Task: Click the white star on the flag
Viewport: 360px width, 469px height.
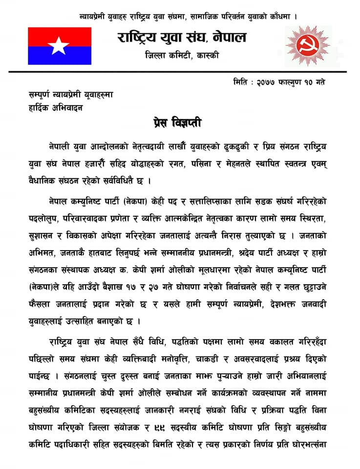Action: point(59,45)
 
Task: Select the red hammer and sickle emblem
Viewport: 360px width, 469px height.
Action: point(307,46)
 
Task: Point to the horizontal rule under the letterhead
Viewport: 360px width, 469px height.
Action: point(180,72)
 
